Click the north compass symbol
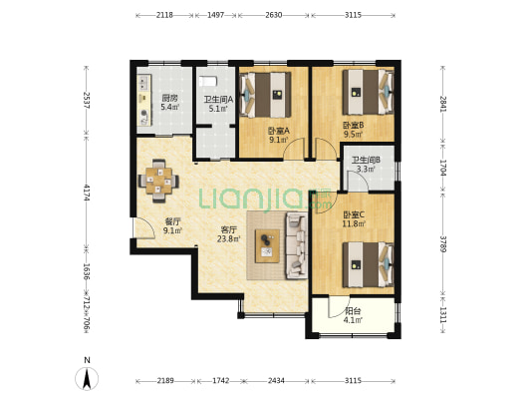pos(87,378)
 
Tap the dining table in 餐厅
pos(158,181)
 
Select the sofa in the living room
pos(297,245)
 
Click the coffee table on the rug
pos(268,246)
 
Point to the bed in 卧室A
pos(265,95)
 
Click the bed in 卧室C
pos(368,264)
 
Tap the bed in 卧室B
pos(368,92)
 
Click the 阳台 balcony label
pos(353,311)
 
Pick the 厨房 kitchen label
pos(169,99)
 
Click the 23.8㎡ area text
pos(228,238)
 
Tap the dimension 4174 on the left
pos(87,193)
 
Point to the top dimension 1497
pos(216,15)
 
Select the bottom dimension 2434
pos(276,381)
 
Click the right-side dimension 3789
pos(443,244)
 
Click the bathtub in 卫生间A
pos(207,82)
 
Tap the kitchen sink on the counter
pos(143,82)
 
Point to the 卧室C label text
pos(354,214)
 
